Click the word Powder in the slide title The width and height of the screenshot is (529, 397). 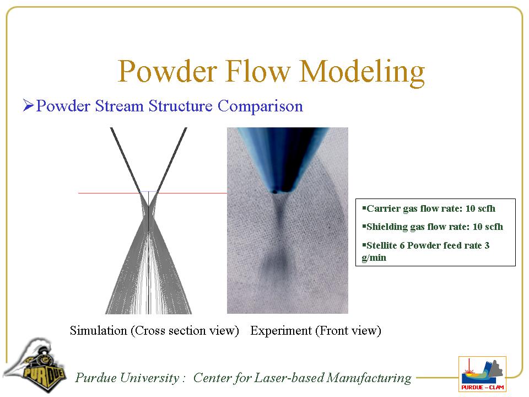168,71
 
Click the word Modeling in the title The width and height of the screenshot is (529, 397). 363,72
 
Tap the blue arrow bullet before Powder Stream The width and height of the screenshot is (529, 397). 28,105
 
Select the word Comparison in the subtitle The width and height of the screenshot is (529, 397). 260,106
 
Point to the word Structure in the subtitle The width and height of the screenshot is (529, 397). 181,106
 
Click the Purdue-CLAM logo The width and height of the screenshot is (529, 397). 483,374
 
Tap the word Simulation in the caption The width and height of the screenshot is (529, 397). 98,330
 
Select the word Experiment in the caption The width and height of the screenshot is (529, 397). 281,331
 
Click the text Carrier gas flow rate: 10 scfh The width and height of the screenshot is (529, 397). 429,208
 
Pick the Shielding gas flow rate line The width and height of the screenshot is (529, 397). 433,227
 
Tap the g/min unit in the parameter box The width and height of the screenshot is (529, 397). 374,258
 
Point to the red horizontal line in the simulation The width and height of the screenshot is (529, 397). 153,193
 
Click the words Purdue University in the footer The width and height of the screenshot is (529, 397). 127,378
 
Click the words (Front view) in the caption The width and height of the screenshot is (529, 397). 348,331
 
